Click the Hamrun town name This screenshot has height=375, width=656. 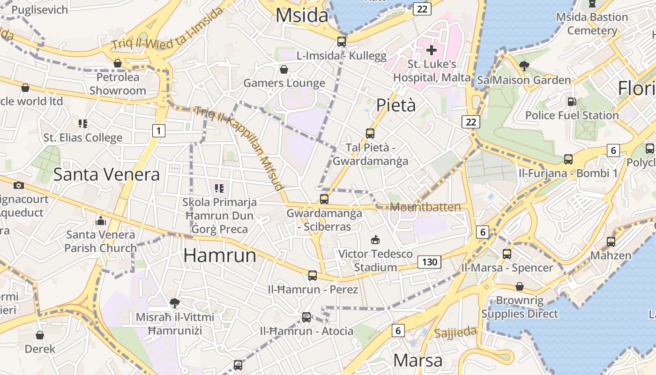pos(220,255)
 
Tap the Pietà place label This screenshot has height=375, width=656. pos(396,105)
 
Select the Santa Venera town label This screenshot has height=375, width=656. pos(106,174)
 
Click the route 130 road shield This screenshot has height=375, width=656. pos(429,262)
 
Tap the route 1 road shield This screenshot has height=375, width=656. pos(159,131)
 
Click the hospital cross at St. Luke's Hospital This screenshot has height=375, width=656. pos(432,50)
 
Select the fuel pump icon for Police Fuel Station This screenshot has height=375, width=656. pos(572,101)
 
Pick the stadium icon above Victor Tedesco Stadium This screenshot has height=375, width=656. pos(375,240)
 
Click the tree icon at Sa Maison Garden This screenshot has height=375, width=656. pos(524,66)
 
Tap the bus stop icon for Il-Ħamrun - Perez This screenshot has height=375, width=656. pos(313,276)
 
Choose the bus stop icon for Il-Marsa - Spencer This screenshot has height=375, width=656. pos(507,254)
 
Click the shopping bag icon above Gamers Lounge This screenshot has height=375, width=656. pos(284,70)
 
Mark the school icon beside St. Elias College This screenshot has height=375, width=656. pos(83,124)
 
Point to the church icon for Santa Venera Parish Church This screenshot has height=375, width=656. pos(101,220)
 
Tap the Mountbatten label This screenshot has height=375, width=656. pos(425,207)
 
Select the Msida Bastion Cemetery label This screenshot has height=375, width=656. pos(592,24)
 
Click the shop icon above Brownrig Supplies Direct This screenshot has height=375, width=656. pos(520,286)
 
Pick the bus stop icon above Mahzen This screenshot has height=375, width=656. pos(611,242)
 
